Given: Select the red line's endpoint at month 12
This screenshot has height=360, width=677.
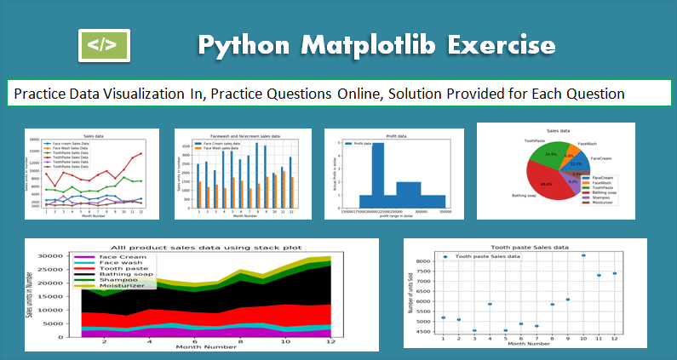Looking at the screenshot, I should point(141,154).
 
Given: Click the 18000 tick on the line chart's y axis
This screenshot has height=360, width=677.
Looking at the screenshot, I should point(36,140).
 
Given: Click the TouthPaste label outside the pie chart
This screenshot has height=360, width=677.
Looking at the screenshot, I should point(534,140).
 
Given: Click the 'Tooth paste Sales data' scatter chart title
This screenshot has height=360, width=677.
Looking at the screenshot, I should point(519,247).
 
